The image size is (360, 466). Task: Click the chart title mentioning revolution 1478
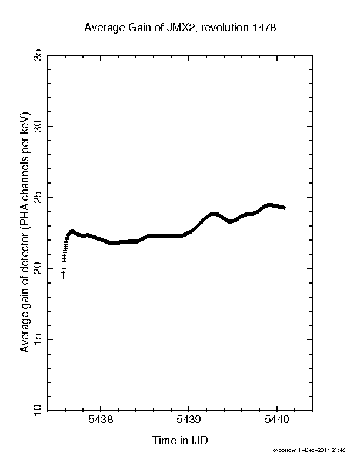pos(180,27)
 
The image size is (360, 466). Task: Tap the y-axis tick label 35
pos(38,55)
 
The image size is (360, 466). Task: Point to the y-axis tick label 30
pos(38,127)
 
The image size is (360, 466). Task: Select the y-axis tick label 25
pos(38,197)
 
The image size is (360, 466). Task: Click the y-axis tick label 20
pos(38,268)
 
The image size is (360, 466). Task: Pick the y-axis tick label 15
pos(38,339)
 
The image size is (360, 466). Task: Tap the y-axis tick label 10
pos(38,410)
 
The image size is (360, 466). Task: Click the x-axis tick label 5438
pos(101,420)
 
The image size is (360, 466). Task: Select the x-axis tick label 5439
pos(189,420)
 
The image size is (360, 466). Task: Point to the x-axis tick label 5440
pos(277,420)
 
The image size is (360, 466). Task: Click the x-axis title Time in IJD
pos(180,440)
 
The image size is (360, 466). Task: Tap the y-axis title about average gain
pos(25,232)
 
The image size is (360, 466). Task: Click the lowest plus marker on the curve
pos(63,277)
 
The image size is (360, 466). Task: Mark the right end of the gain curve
pos(285,208)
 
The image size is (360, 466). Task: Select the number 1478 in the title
pos(264,27)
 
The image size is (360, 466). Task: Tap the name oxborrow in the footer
pos(284,450)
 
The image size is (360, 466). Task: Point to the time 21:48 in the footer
pos(339,450)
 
